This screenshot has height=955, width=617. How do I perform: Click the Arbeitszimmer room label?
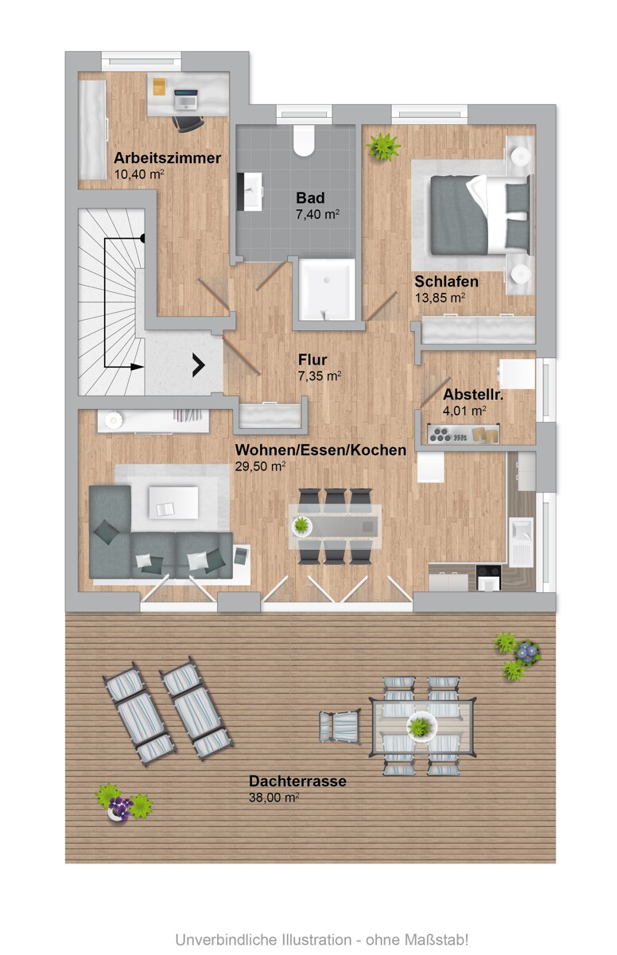167,158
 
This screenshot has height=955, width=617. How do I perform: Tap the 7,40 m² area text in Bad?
317,214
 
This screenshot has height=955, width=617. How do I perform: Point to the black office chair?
188,123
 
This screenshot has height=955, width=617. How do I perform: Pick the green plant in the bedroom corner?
385,146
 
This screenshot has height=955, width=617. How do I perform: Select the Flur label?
313,359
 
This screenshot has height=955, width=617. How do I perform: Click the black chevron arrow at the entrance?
197,365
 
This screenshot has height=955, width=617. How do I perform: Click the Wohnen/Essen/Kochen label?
320,450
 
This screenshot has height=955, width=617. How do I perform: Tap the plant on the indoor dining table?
302,525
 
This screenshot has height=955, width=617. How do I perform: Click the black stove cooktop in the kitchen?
488,578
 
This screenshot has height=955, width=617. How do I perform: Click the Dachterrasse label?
297,782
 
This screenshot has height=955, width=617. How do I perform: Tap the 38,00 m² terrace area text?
274,797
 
